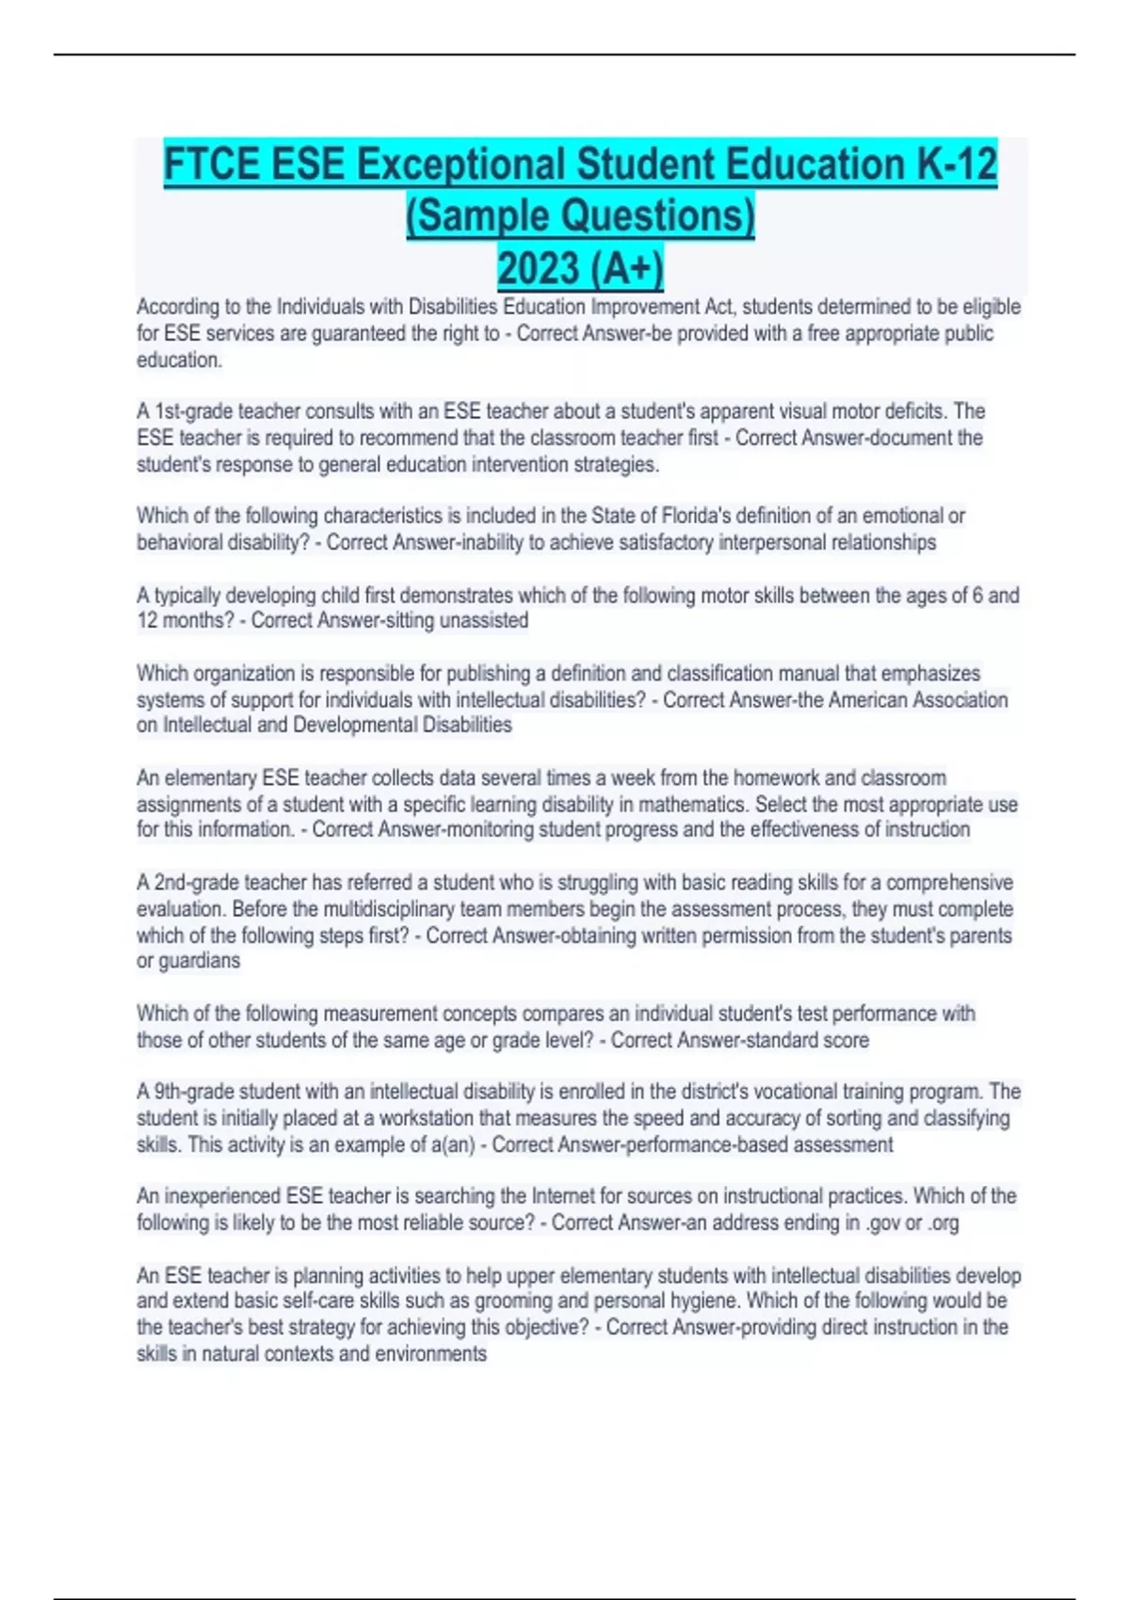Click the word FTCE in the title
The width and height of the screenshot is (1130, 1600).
coord(212,166)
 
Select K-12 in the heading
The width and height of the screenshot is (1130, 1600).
coord(956,166)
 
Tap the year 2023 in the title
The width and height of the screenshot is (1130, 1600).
coord(538,269)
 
